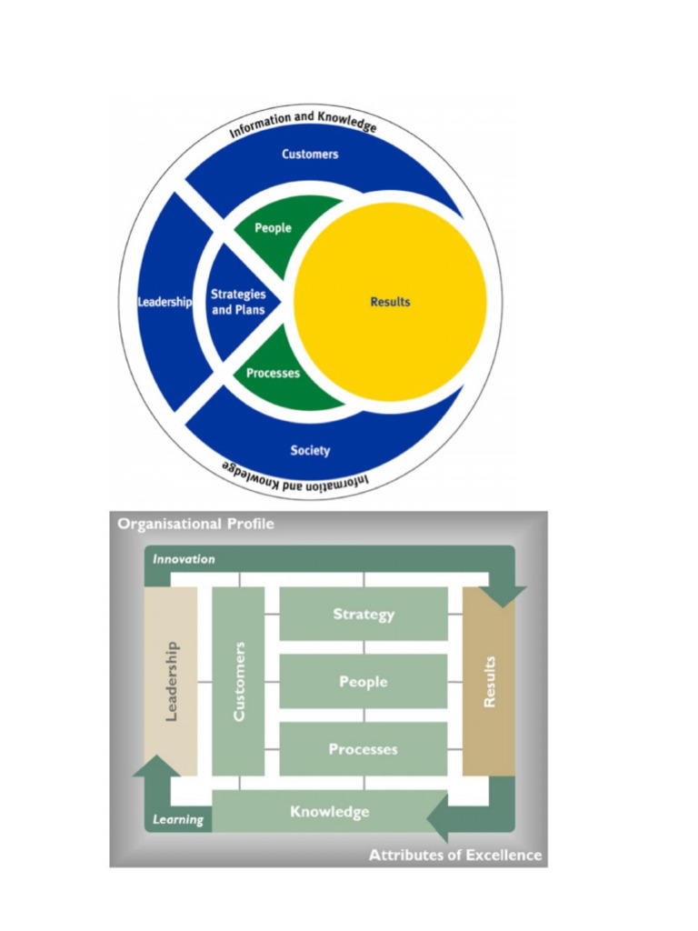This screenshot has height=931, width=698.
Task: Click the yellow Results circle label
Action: coord(390,302)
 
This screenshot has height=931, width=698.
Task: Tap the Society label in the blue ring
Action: coord(310,450)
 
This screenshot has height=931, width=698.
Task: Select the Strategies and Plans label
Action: coord(238,302)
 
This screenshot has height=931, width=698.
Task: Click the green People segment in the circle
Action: coord(273,228)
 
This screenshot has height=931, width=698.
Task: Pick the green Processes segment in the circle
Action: coord(273,374)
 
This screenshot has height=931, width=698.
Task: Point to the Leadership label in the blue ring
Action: coord(165,302)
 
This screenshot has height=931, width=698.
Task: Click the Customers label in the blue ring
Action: coord(310,155)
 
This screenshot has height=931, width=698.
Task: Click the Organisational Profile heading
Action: coord(194,524)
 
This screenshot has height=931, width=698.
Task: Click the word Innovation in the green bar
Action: coord(184,559)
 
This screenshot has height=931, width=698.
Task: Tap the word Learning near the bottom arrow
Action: coord(177,820)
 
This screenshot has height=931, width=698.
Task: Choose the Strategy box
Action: coord(364,615)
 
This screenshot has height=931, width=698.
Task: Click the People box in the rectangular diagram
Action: coord(364,682)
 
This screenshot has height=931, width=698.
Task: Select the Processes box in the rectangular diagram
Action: coord(364,750)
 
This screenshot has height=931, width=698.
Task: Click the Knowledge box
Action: coord(330,811)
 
